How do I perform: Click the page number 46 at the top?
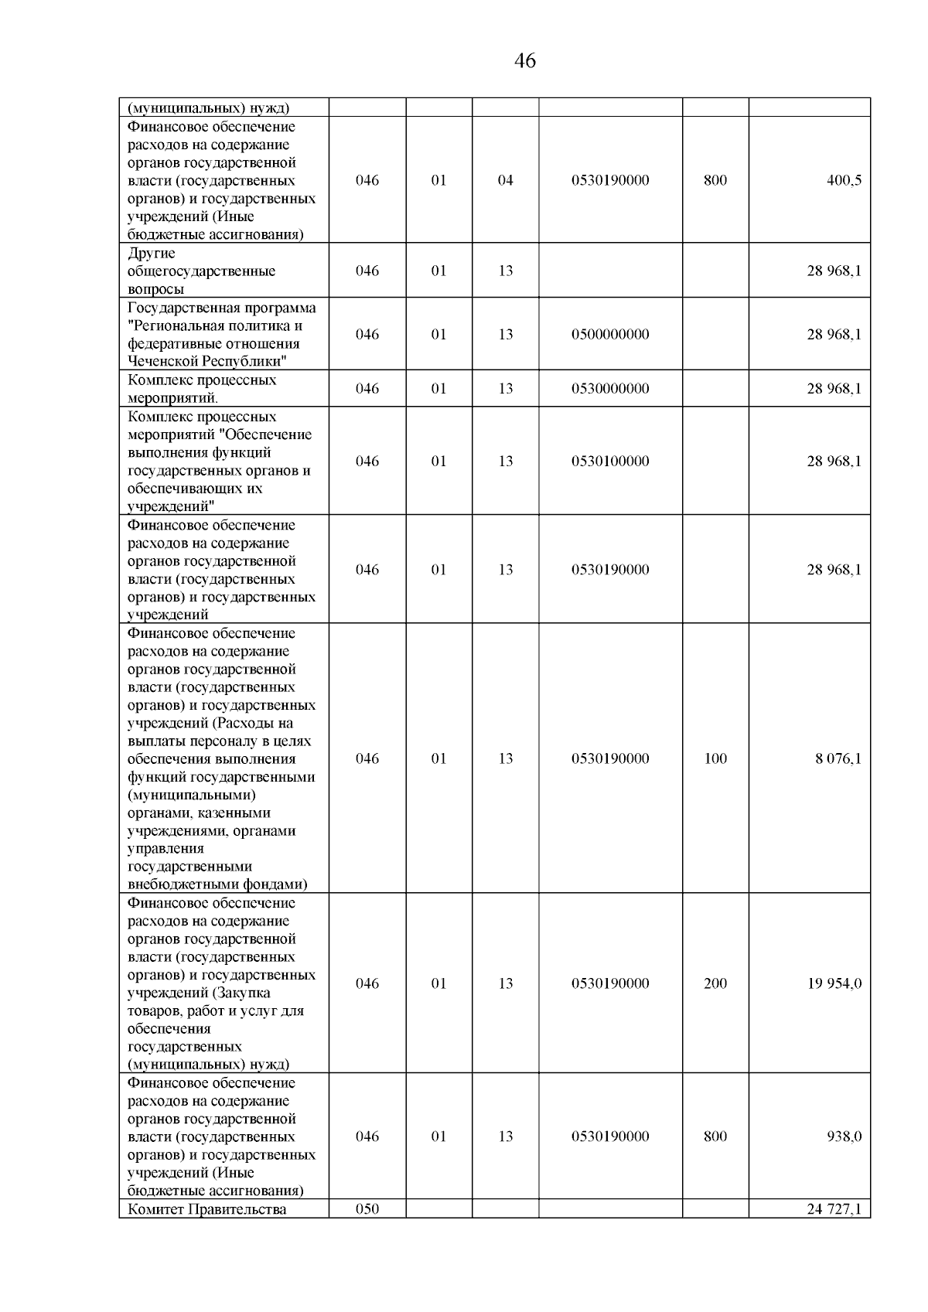tap(524, 61)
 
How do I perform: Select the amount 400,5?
tap(844, 180)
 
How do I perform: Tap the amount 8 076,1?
tap(838, 758)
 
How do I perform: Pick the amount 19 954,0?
tap(834, 983)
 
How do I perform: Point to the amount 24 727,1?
tap(834, 1209)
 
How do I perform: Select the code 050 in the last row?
tap(367, 1209)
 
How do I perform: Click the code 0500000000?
tap(610, 334)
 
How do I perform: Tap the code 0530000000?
tap(610, 388)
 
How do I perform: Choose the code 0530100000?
tap(610, 461)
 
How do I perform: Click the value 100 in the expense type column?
tap(715, 758)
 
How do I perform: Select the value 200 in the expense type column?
tap(715, 983)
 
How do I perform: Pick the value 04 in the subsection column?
tap(505, 180)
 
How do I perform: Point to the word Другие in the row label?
tap(152, 253)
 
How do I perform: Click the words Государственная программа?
tap(221, 308)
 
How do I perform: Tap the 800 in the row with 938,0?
tap(715, 1136)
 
